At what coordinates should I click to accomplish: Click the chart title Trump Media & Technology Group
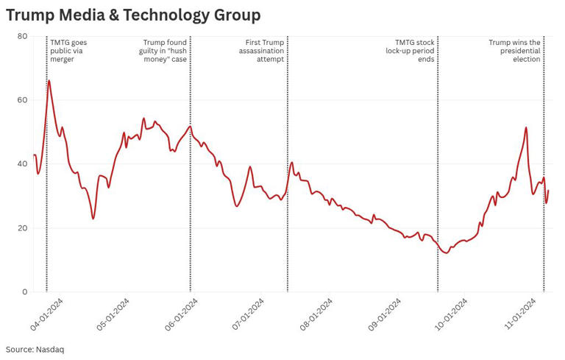(x=133, y=15)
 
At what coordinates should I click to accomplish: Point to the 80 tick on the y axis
(x=22, y=36)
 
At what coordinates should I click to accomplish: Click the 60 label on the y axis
(x=22, y=100)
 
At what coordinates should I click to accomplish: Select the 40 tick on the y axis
(x=22, y=164)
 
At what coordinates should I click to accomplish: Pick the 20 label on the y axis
(x=22, y=228)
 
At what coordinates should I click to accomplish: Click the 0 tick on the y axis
(x=25, y=292)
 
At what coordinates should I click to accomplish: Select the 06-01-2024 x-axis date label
(x=182, y=315)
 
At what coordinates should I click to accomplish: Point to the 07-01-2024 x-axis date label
(x=249, y=315)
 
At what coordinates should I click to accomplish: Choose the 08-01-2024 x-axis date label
(x=316, y=315)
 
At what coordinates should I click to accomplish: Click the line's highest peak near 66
(x=49, y=80)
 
